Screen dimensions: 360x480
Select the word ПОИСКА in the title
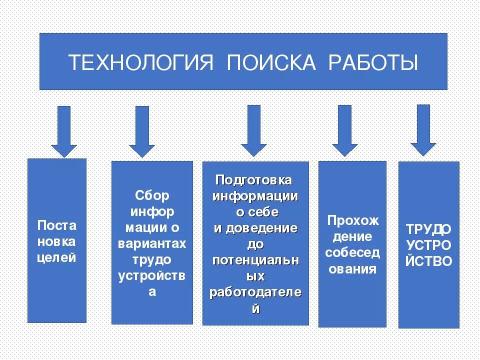271,63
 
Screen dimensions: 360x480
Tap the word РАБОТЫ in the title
373,63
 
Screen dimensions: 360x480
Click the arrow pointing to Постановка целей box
64,131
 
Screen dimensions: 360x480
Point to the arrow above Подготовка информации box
254,131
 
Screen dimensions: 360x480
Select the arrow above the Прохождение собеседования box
344,131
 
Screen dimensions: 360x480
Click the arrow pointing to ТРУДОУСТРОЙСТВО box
423,130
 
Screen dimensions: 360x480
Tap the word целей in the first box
57,258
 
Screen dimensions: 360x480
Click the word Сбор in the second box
152,195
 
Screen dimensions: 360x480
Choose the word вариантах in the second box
152,243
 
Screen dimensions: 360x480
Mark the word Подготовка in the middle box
253,180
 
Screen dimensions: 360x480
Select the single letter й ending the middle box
255,308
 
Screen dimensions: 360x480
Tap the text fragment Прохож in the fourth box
353,220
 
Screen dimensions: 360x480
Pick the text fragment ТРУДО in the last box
428,229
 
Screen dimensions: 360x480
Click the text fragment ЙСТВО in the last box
428,261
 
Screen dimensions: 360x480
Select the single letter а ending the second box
152,292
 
